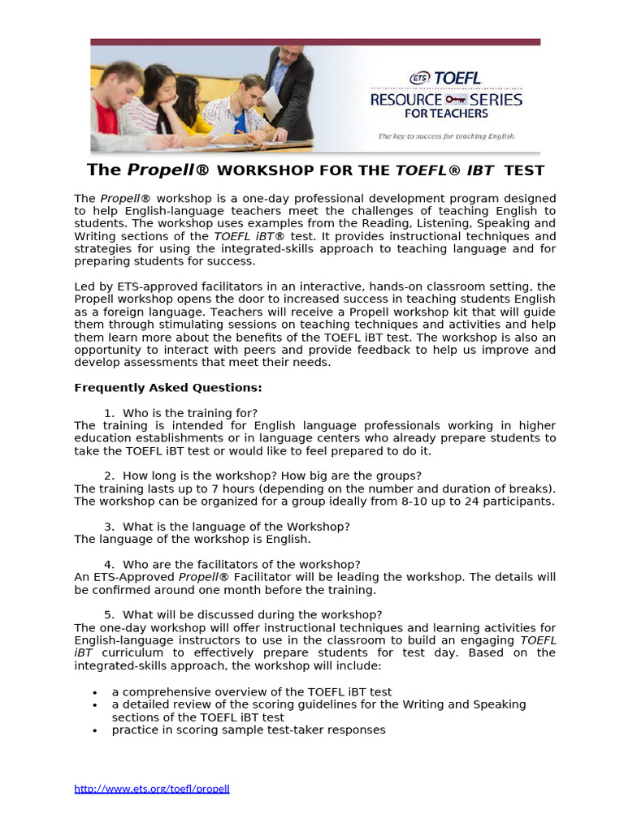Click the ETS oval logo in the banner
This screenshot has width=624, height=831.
tap(420, 78)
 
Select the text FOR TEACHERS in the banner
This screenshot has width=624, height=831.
tap(446, 114)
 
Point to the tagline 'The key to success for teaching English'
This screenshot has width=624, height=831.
tap(446, 136)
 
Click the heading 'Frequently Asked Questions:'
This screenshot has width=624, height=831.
tap(168, 388)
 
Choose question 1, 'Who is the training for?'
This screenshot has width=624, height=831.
tap(189, 413)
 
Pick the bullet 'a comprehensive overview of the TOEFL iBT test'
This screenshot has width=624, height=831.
tap(252, 692)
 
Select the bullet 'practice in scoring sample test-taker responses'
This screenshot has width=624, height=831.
tap(249, 730)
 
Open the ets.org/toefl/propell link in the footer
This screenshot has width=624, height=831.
tap(152, 788)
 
